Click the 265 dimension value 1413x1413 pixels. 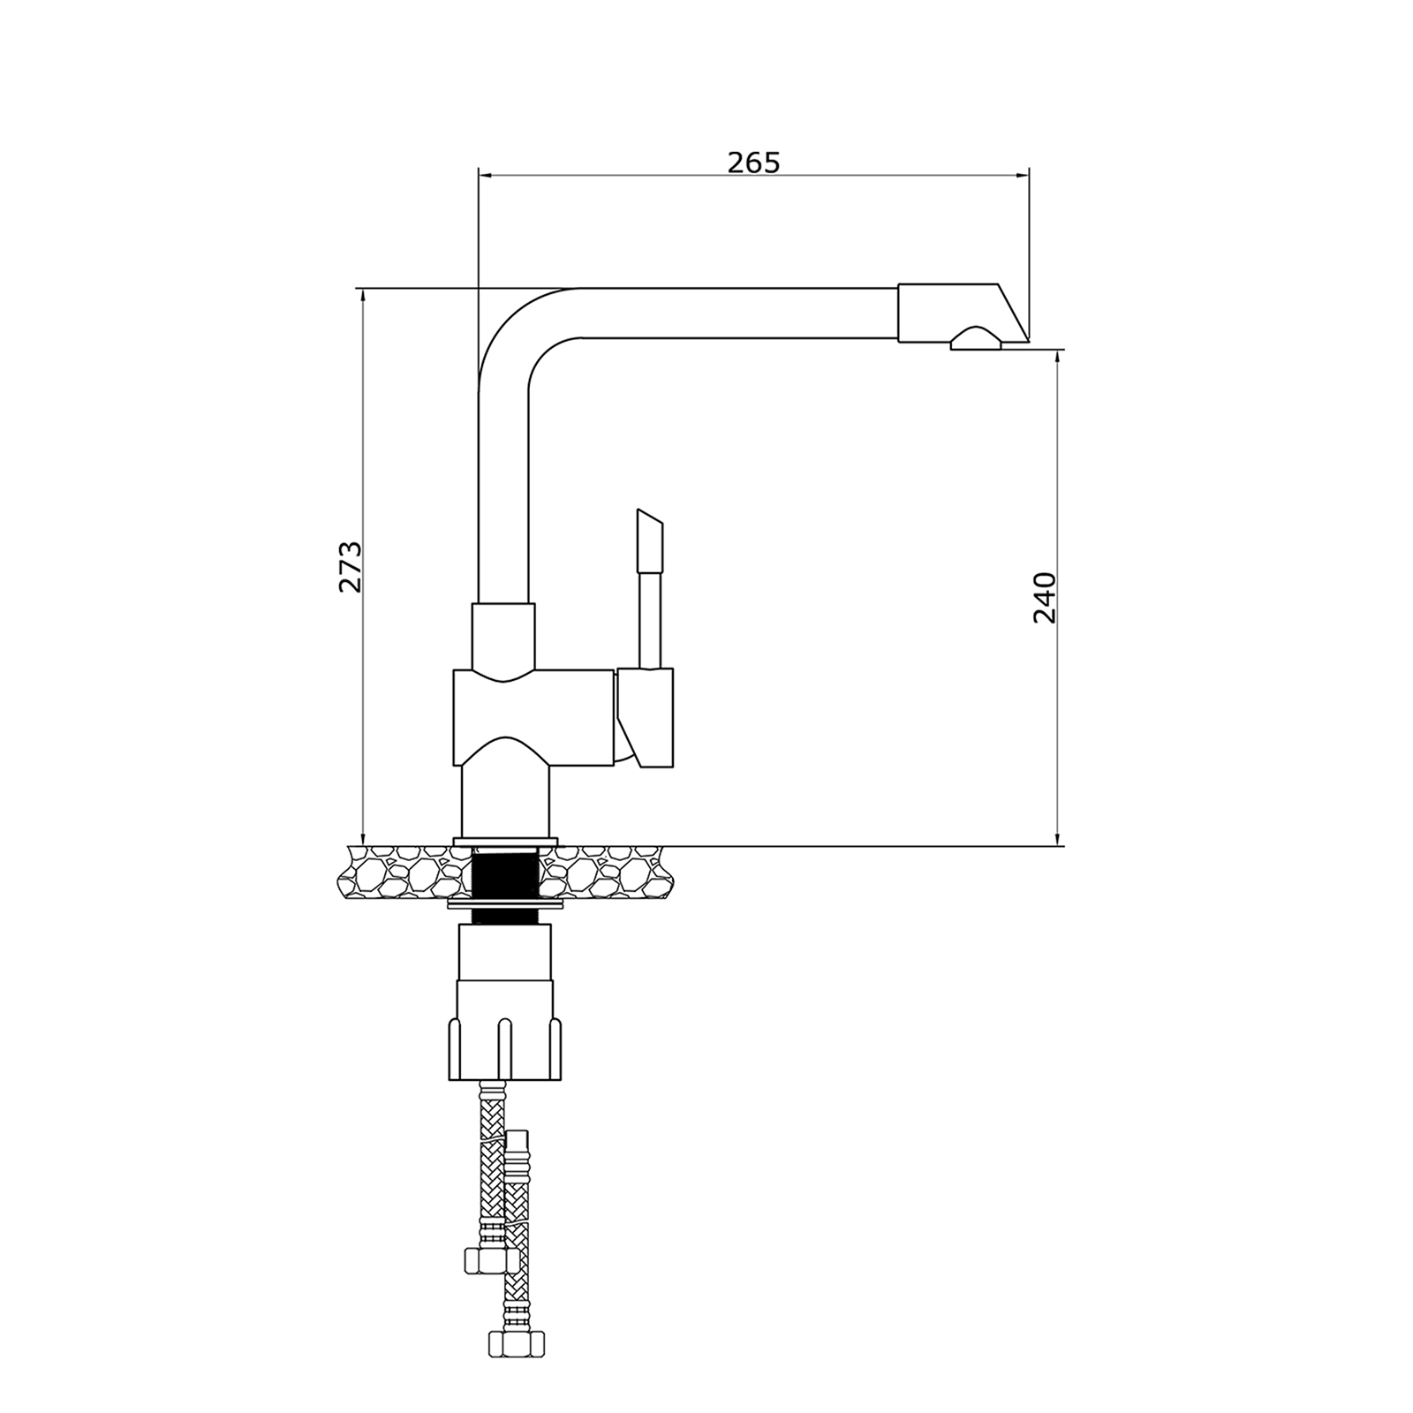tap(753, 162)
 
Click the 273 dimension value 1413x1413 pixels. tap(351, 567)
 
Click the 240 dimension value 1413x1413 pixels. tap(1045, 598)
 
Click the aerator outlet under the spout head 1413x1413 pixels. tap(976, 339)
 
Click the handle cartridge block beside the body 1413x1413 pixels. tap(646, 717)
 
